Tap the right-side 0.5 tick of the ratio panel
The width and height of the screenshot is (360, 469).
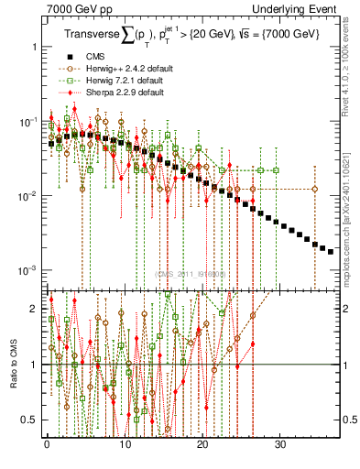click(350, 420)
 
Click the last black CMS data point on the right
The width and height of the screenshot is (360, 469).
click(331, 251)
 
